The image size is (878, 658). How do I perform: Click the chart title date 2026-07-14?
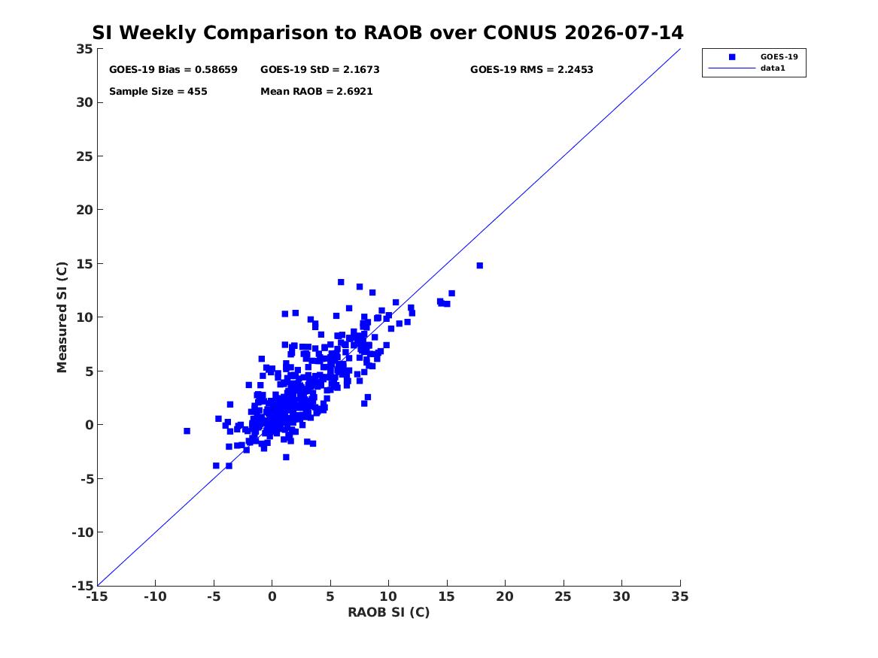click(x=624, y=32)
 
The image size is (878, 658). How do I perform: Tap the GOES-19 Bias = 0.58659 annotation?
click(x=173, y=69)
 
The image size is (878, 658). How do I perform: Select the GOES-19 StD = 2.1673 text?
click(x=320, y=69)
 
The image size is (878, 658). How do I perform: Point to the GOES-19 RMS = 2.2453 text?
click(x=531, y=69)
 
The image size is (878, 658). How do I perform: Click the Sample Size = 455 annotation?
click(x=158, y=91)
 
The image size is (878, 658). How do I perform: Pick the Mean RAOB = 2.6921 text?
click(x=317, y=91)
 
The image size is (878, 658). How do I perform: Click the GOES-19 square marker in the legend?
click(x=732, y=56)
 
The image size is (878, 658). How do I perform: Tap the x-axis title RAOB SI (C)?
click(x=389, y=612)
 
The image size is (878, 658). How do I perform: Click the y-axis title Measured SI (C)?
click(x=62, y=317)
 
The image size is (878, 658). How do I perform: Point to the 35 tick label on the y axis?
click(x=84, y=49)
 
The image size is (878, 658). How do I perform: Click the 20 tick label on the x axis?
click(x=505, y=596)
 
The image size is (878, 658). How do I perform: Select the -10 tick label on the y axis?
click(x=82, y=532)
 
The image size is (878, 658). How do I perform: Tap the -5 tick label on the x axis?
click(x=214, y=596)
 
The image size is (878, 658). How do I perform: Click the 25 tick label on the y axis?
click(x=84, y=156)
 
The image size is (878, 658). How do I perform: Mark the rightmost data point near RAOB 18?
click(x=480, y=265)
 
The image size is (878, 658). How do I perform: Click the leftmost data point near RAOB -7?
click(x=187, y=431)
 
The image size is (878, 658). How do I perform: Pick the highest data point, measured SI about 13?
click(x=341, y=282)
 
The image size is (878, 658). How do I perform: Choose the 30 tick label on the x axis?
click(x=621, y=596)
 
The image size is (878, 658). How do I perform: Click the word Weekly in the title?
click(x=158, y=33)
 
